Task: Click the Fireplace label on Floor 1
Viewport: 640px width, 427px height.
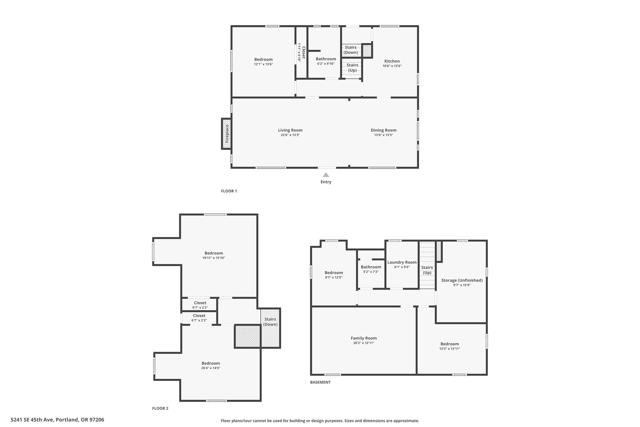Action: tap(227, 134)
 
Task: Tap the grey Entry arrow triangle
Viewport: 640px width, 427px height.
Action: tap(326, 175)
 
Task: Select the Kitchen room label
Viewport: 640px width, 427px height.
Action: tap(392, 61)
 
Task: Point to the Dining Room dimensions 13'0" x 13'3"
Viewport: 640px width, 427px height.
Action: tap(383, 135)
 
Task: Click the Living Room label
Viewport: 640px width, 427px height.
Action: tap(290, 130)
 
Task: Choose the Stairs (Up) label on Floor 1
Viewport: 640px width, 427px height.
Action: tap(352, 68)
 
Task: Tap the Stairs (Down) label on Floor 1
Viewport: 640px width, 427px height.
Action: tap(351, 50)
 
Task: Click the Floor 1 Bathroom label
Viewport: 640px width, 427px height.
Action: tap(326, 59)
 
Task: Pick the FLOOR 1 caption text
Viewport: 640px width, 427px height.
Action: tap(229, 191)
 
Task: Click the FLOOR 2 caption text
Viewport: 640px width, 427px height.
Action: tap(160, 408)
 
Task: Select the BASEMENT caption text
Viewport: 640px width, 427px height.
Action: tap(320, 382)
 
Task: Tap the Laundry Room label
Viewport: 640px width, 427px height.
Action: tap(402, 262)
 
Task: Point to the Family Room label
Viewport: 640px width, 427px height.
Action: tap(364, 338)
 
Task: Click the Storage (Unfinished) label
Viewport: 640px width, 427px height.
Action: tap(462, 280)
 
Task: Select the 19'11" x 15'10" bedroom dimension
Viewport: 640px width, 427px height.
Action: tap(214, 258)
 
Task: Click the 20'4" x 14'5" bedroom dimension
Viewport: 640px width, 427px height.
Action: tap(211, 368)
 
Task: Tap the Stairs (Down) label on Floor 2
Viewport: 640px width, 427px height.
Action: tap(270, 322)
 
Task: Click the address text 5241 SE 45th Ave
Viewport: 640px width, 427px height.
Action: tap(32, 420)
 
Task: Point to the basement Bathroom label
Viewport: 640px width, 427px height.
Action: tap(371, 267)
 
